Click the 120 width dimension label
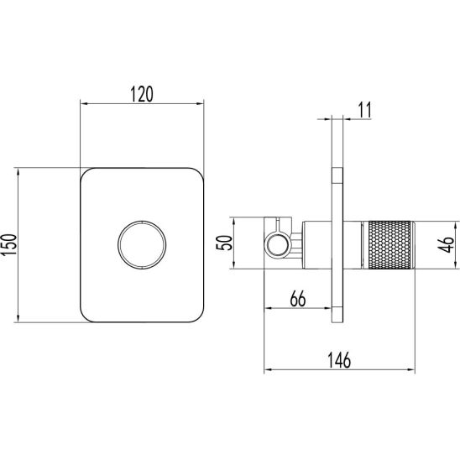click(x=142, y=94)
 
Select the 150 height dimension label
click(x=8, y=244)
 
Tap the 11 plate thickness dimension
click(x=364, y=110)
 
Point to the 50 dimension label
click(x=224, y=243)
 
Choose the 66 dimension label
click(x=298, y=299)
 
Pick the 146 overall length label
click(x=339, y=360)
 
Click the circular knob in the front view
click(x=142, y=244)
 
